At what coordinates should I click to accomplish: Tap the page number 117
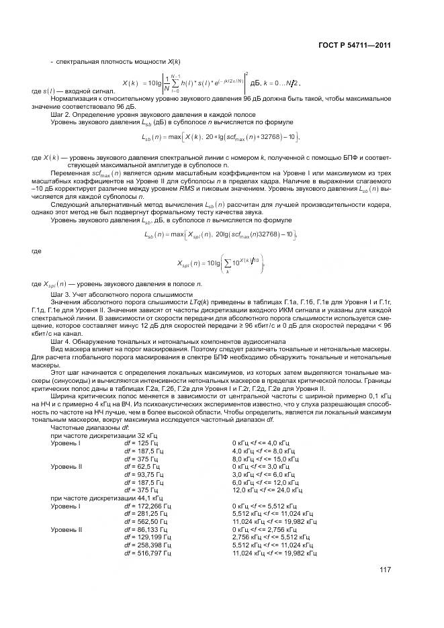[x=385, y=570]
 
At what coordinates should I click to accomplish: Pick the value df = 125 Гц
[x=140, y=443]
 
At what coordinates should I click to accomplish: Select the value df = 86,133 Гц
[x=146, y=529]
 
